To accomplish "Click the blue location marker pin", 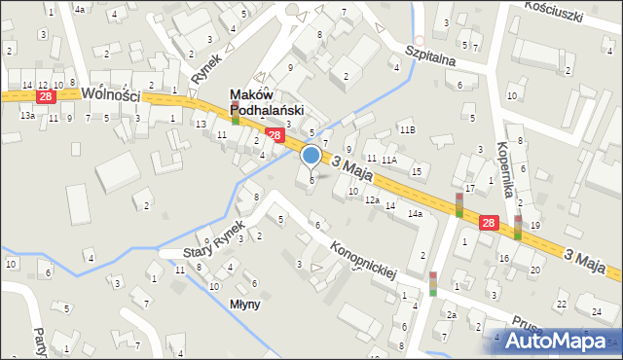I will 311,156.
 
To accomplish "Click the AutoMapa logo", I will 559,341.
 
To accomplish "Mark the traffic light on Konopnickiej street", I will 433,283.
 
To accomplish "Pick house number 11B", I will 407,130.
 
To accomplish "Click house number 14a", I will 415,213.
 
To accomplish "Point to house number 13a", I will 27,116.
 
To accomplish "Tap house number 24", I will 596,312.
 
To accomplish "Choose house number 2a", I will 451,315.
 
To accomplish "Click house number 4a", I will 80,9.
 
